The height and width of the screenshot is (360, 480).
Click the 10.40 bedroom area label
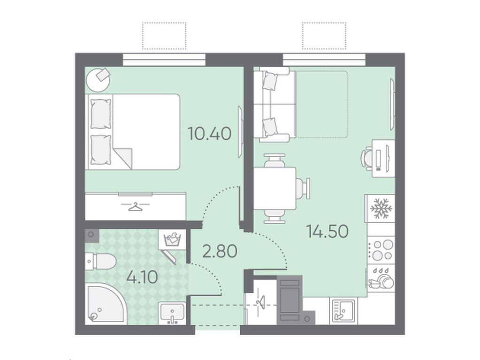coord(209,134)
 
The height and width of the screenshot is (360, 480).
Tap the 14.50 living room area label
coord(327,231)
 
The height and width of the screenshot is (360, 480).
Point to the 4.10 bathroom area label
coord(142,277)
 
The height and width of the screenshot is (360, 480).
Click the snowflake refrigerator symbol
coord(381,209)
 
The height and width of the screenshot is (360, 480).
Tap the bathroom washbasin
coord(172,313)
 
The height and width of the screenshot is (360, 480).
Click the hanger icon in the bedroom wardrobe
coord(135,206)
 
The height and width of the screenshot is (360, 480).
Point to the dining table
coord(274,188)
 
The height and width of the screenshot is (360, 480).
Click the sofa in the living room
coord(274,105)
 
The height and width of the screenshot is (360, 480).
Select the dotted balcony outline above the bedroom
coord(164,36)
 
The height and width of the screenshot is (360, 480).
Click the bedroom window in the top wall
coord(164,60)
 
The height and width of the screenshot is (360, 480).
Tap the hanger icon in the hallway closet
coord(260,301)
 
